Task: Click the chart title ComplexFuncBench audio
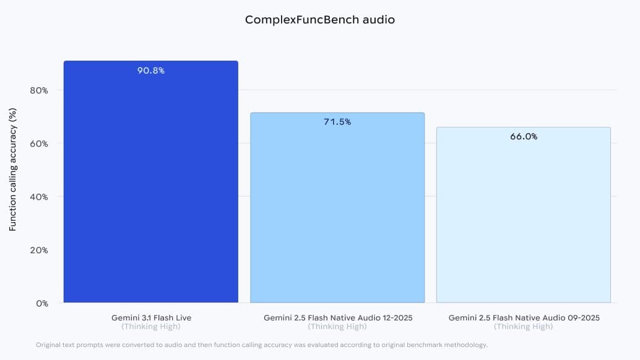coord(319,20)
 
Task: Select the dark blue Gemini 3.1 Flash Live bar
coord(151,186)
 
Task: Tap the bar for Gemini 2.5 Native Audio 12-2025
coord(337,210)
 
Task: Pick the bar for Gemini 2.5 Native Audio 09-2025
coord(524,216)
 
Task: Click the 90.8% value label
coord(151,71)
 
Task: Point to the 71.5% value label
coord(337,122)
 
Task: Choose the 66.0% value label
coord(524,137)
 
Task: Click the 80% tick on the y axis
coord(39,90)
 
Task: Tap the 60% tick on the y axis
coord(39,144)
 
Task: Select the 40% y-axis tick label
coord(39,197)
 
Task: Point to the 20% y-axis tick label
coord(39,250)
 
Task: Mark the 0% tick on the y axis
coord(41,303)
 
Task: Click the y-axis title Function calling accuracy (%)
coord(12,170)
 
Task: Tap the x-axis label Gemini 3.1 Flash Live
coord(151,318)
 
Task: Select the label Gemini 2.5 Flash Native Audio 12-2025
coord(337,318)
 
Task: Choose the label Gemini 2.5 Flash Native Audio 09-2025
coord(524,318)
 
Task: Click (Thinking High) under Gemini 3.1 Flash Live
coord(151,327)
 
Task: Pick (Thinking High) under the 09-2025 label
coord(524,327)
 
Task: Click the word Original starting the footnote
coord(48,345)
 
